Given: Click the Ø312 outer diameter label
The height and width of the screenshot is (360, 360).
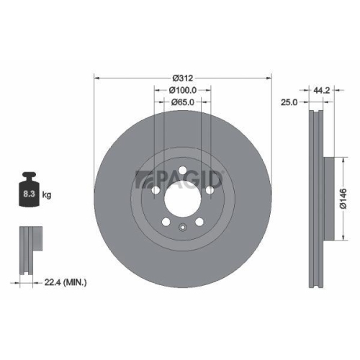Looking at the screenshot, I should (182, 77).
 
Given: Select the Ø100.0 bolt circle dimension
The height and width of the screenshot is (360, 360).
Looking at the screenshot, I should (182, 90).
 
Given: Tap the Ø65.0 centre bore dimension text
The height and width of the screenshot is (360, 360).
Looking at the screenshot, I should (182, 103).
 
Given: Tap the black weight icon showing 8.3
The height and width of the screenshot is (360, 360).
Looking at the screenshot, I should (30, 192).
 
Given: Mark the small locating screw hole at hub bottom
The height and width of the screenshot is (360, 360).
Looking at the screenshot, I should (182, 228).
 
